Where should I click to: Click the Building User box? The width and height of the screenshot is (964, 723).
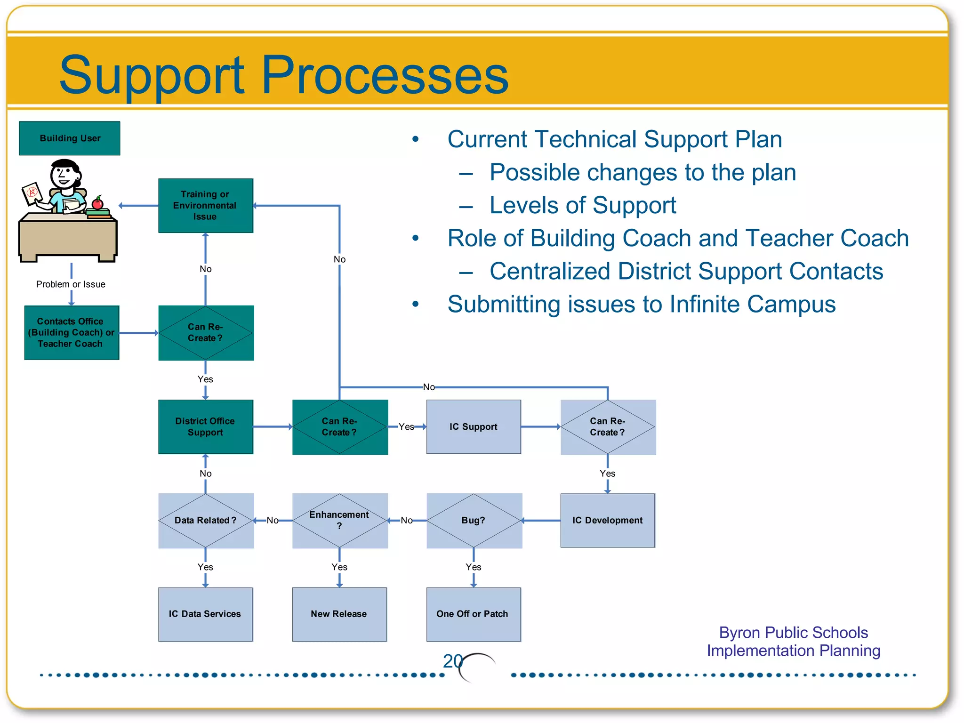point(70,138)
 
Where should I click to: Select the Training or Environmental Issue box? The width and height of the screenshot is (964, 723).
point(205,206)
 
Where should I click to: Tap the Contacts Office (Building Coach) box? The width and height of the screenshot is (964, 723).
point(72,333)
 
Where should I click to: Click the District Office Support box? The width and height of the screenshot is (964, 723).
point(205,427)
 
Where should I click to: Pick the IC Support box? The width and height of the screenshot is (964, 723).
point(473,427)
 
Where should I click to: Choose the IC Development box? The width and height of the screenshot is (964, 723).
point(607,520)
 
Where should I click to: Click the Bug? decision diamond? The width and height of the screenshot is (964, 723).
point(474,520)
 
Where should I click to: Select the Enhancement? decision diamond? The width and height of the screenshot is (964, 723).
point(339,520)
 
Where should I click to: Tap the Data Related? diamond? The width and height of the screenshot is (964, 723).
point(205,520)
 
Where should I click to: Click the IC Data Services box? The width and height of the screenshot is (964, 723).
point(205,614)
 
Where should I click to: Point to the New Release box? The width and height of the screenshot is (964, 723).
point(339,614)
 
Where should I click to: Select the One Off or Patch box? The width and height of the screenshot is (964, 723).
point(473,614)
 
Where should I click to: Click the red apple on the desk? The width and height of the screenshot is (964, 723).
point(97,204)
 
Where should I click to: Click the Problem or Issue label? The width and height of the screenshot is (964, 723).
point(71,284)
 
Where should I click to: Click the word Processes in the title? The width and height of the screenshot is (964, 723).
point(385,75)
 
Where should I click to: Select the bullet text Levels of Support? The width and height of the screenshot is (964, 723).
point(582,206)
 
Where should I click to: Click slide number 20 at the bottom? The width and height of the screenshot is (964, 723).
point(452,661)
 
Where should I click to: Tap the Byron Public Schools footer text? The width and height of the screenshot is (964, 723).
point(793,633)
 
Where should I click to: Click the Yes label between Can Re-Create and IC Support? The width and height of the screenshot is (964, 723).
point(406,427)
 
